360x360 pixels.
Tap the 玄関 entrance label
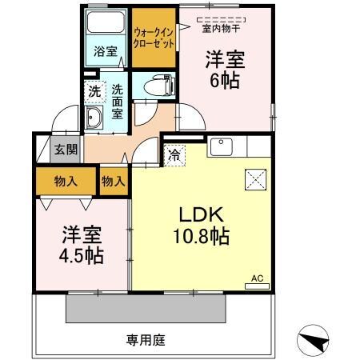click(x=66, y=149)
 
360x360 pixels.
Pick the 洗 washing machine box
click(x=94, y=91)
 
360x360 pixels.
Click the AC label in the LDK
click(x=257, y=278)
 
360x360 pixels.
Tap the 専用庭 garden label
click(x=146, y=341)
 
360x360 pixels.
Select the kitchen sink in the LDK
click(x=219, y=147)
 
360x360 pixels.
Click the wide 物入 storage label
click(x=67, y=182)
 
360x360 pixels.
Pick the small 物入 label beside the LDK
click(x=114, y=182)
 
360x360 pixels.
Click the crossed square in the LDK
click(x=254, y=180)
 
